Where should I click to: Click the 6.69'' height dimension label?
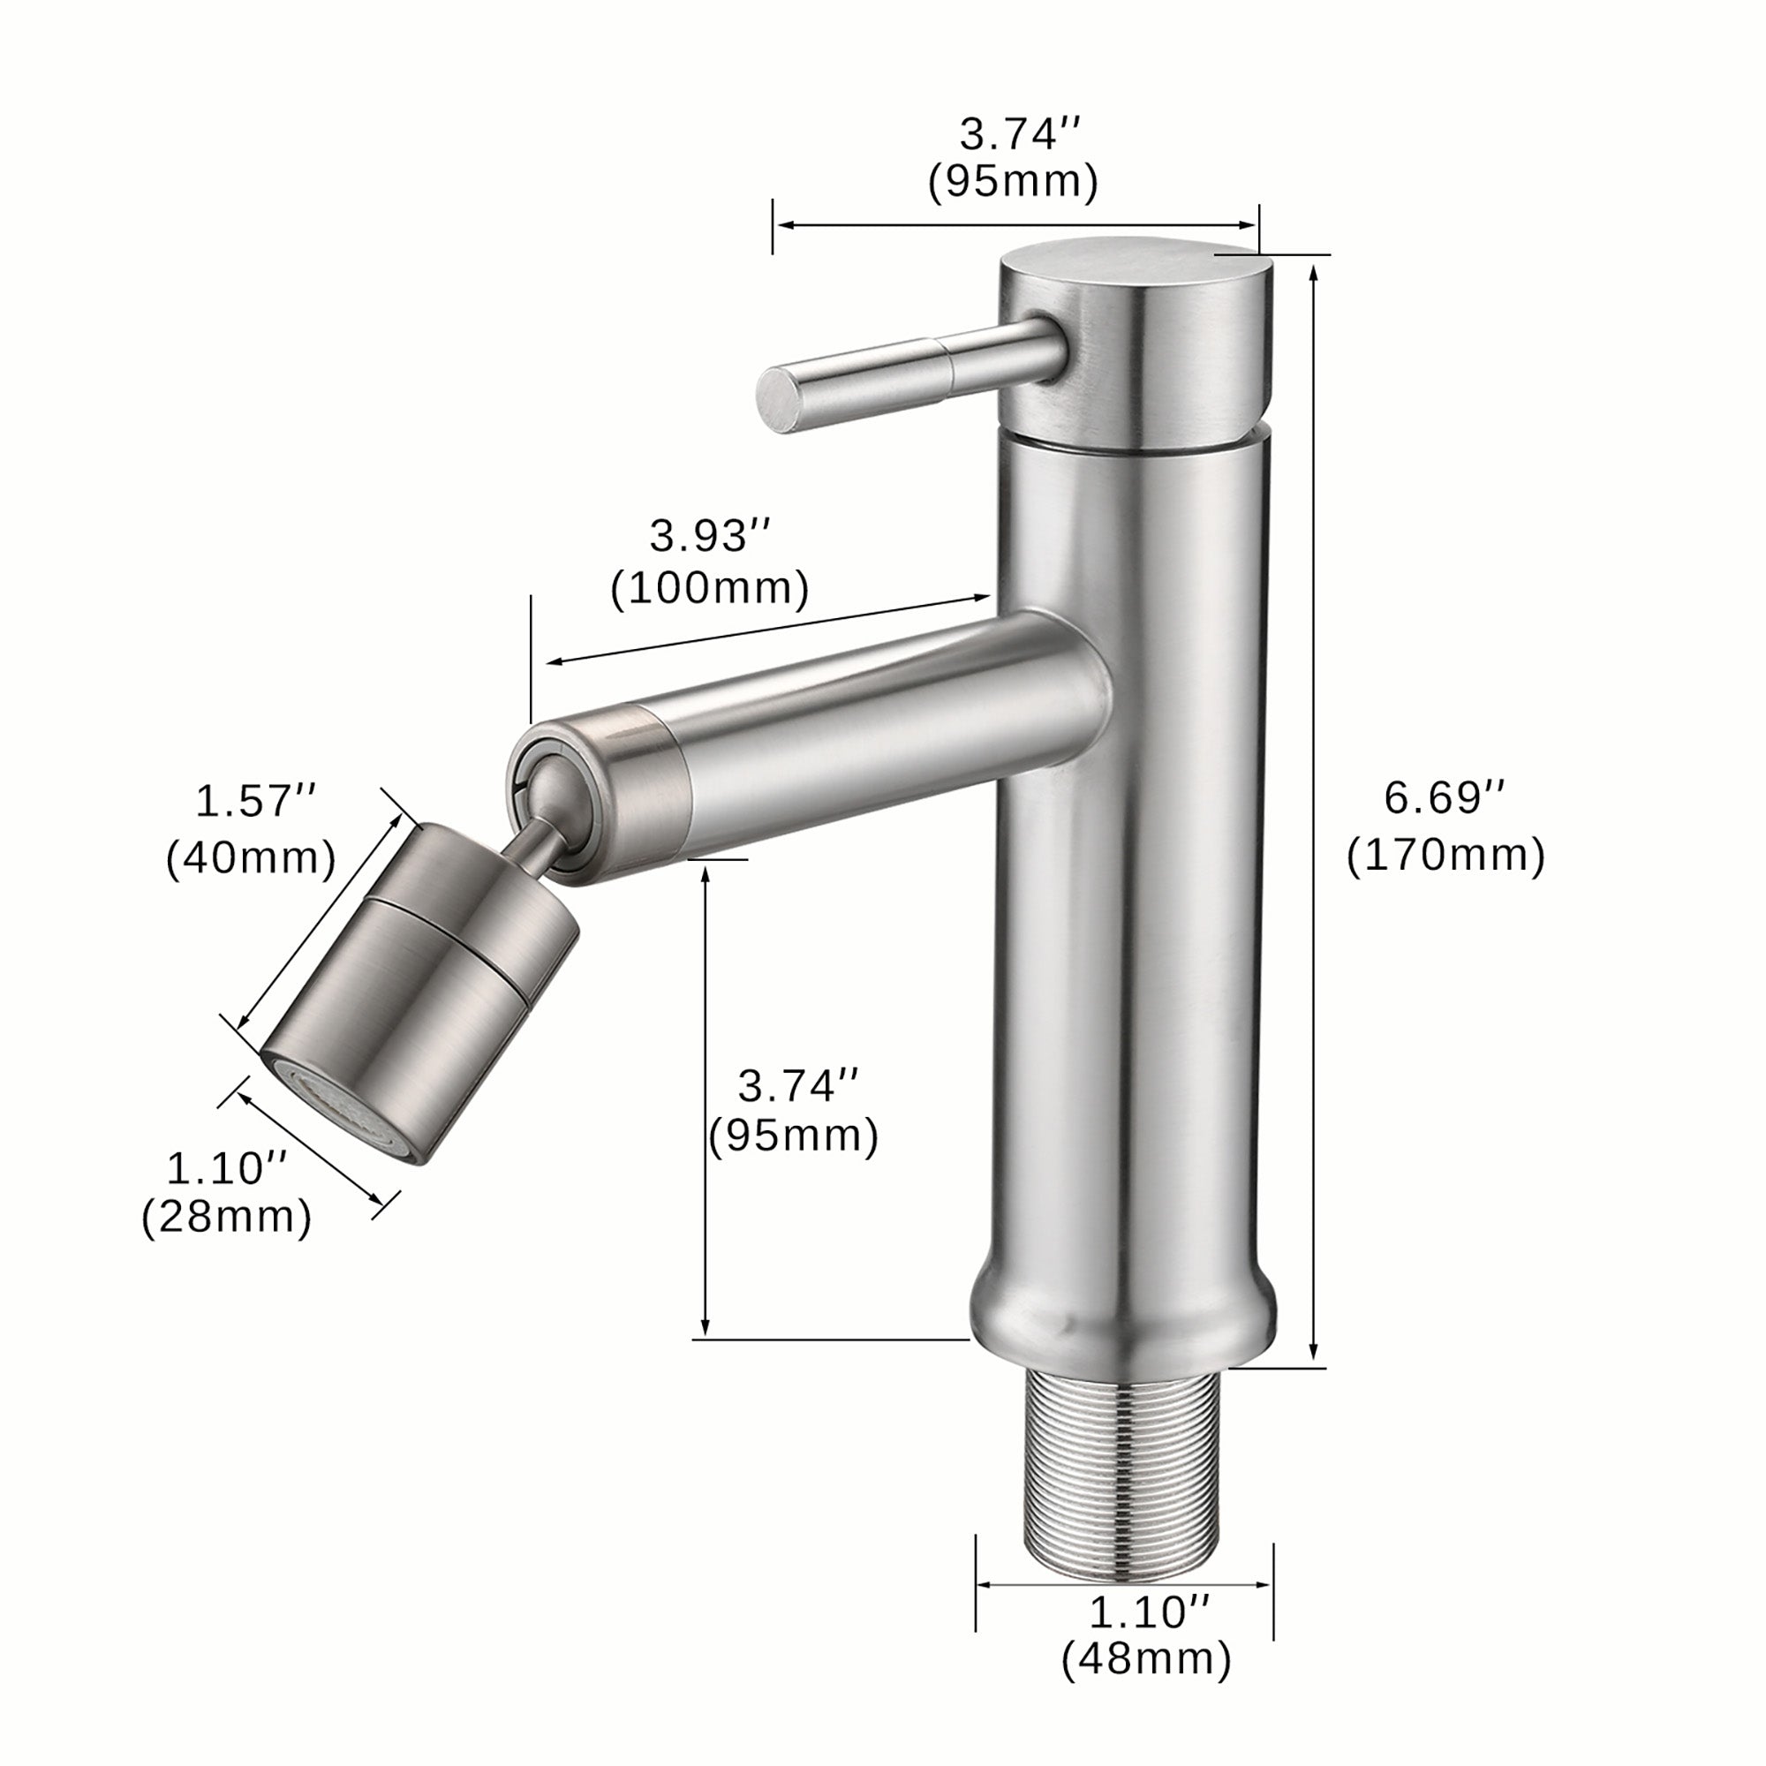point(1444,798)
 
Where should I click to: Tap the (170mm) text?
point(1445,856)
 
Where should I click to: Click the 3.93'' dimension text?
point(710,537)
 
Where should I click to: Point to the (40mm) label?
point(251,858)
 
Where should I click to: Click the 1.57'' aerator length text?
point(255,802)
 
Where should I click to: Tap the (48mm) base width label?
point(1146,1659)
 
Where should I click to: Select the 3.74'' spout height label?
point(798,1086)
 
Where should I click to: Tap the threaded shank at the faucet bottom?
point(1125,1473)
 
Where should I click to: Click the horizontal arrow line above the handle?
point(1015,226)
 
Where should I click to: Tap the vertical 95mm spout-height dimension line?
point(705,1097)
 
